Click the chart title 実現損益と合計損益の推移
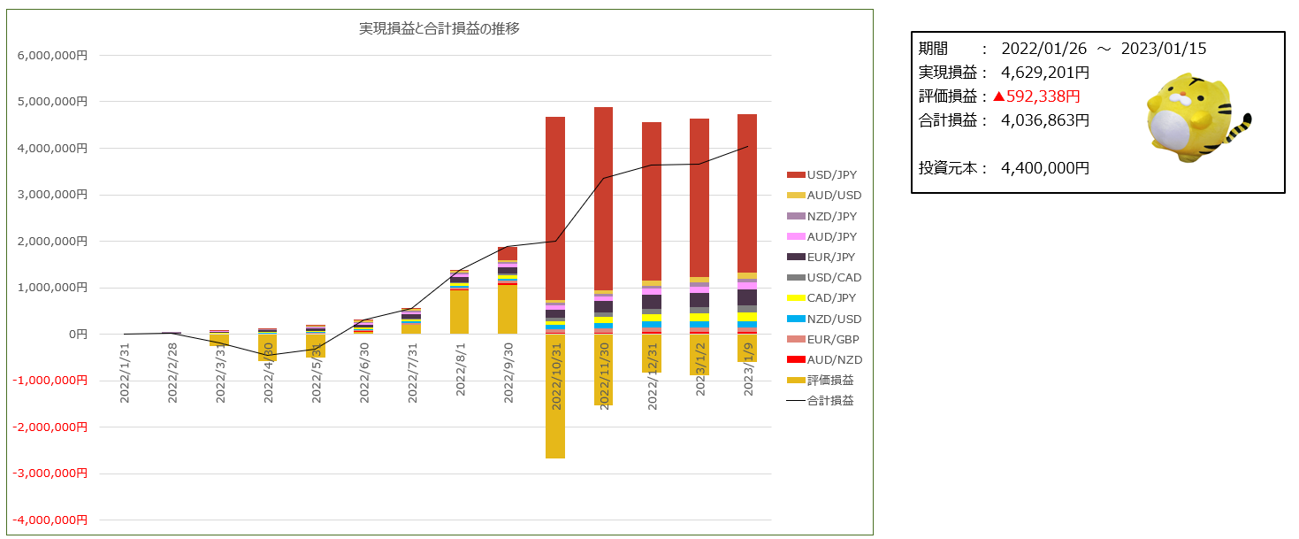point(439,28)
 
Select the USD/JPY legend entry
point(833,175)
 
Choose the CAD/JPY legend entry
point(833,298)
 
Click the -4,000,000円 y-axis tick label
point(51,520)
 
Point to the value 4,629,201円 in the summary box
point(1045,73)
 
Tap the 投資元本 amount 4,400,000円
point(1045,167)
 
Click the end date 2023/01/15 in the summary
point(1164,49)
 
